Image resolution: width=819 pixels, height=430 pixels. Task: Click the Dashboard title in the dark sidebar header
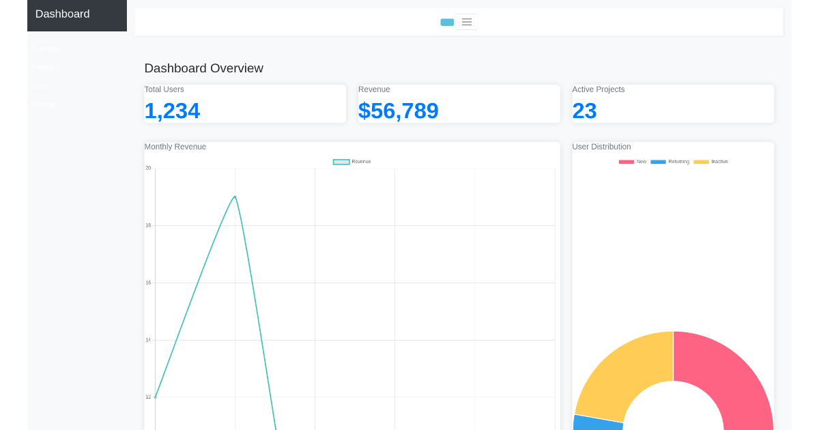coord(62,14)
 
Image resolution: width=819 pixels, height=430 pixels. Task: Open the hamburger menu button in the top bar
coord(467,22)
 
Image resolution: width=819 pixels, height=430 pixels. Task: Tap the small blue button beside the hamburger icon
coord(447,23)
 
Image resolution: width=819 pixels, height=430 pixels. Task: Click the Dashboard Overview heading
coord(203,68)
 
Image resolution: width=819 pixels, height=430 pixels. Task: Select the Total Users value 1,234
coord(172,111)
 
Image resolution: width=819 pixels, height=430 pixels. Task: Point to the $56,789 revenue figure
coord(398,111)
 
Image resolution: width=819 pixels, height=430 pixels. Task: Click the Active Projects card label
coord(598,89)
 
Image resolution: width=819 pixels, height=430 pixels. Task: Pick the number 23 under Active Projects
coord(584,111)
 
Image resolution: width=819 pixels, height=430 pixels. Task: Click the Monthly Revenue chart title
coord(175,147)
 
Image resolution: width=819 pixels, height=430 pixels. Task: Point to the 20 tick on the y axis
coord(148,168)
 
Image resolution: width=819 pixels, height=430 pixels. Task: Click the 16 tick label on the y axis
coord(148,283)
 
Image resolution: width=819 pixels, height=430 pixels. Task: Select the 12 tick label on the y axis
coord(148,397)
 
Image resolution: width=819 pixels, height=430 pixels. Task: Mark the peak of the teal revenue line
coord(235,197)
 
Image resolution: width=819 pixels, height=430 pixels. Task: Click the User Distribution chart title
coord(601,147)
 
